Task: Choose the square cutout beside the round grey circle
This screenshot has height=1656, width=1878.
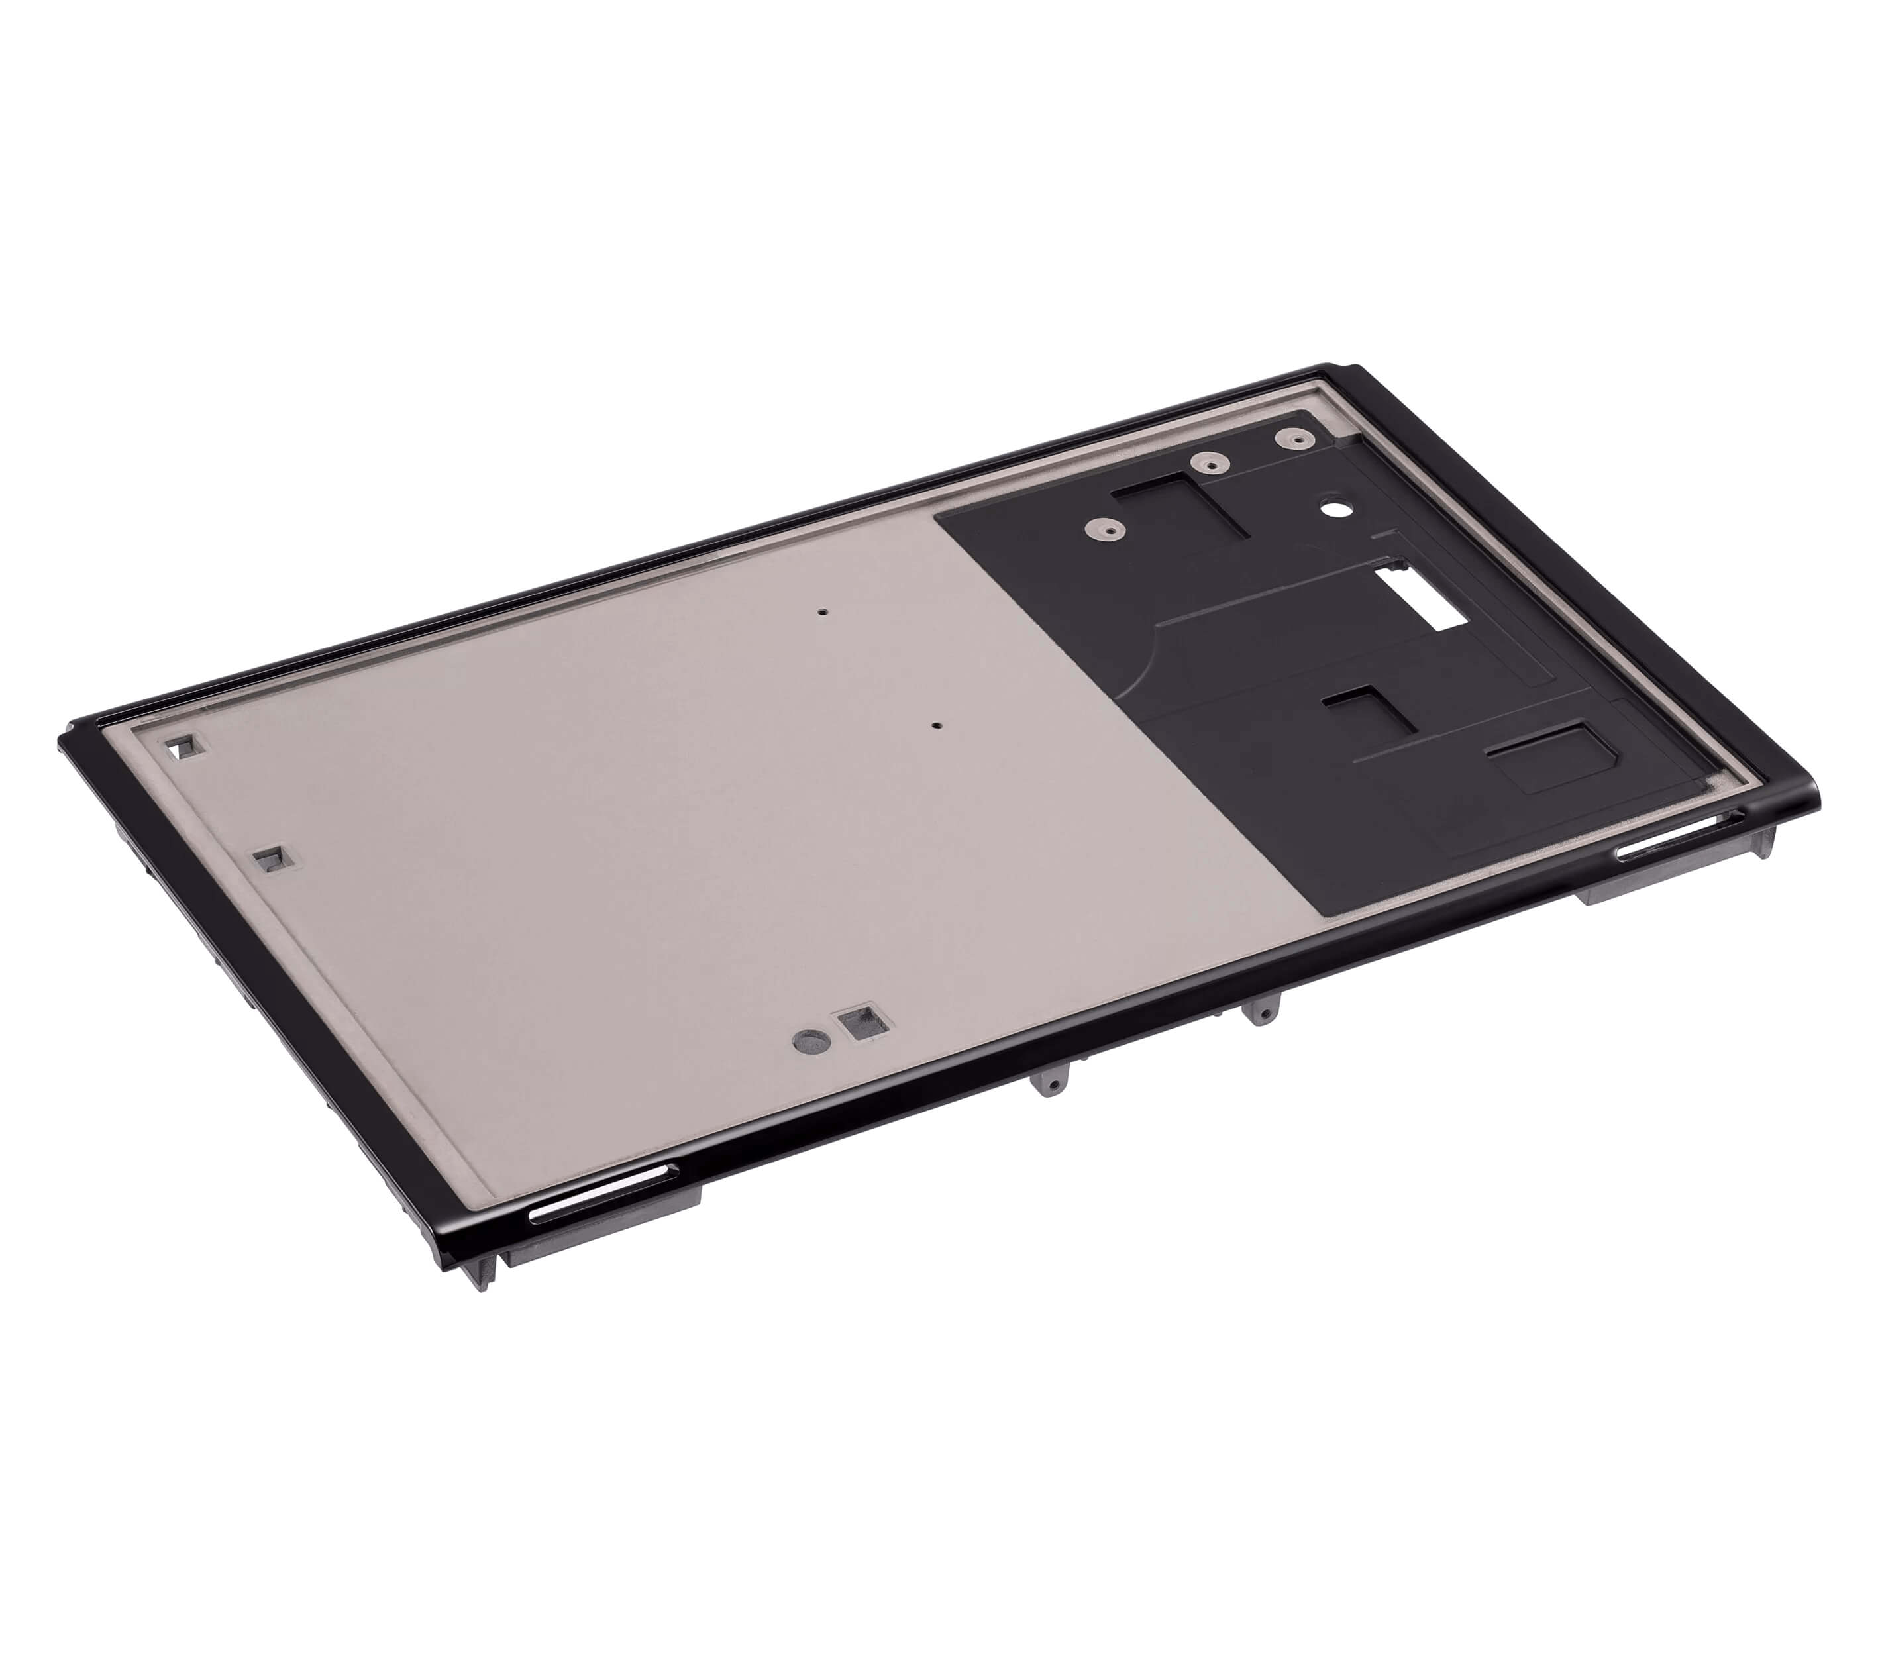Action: pos(862,1023)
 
